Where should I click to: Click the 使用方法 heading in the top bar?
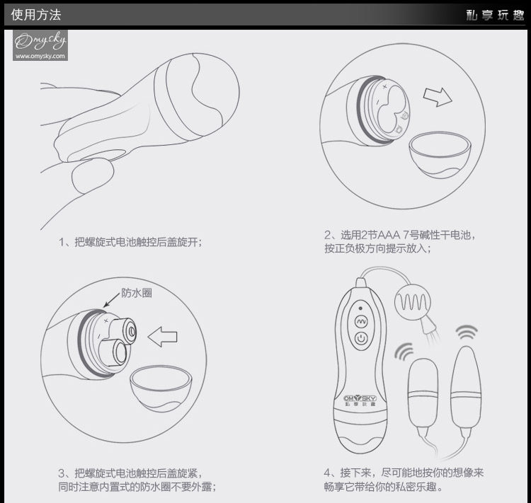tap(36, 15)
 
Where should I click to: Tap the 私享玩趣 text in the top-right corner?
tap(495, 15)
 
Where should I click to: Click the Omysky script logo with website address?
tap(40, 45)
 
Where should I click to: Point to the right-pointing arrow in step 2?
tap(438, 97)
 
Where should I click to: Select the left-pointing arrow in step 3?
tap(163, 337)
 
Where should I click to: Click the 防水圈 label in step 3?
tap(137, 293)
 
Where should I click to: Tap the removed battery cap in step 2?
tap(440, 154)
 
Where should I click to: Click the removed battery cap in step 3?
tap(161, 388)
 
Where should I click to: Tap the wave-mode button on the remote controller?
tap(361, 321)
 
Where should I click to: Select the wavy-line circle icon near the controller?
tap(413, 301)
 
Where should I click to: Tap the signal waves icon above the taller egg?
tap(467, 332)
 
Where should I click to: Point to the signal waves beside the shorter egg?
tap(404, 352)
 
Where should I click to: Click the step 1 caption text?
tap(130, 242)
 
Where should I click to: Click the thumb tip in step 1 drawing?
tap(93, 175)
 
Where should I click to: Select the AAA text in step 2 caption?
tap(389, 235)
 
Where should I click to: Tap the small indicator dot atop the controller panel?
tap(360, 308)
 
